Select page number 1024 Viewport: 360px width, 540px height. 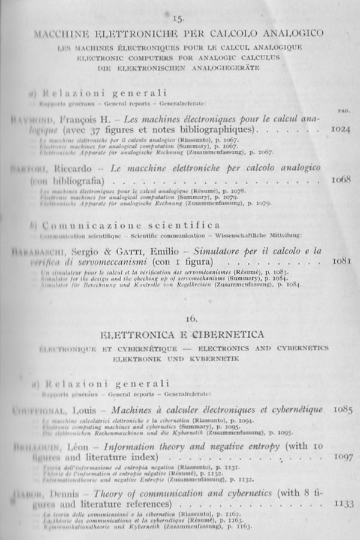[340, 130]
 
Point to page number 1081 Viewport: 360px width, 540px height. [340, 261]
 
